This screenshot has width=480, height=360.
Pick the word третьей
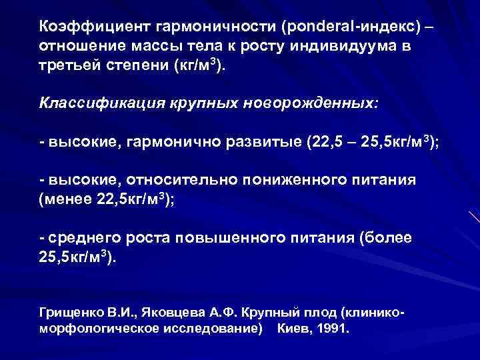[71, 67]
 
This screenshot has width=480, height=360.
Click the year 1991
[333, 329]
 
